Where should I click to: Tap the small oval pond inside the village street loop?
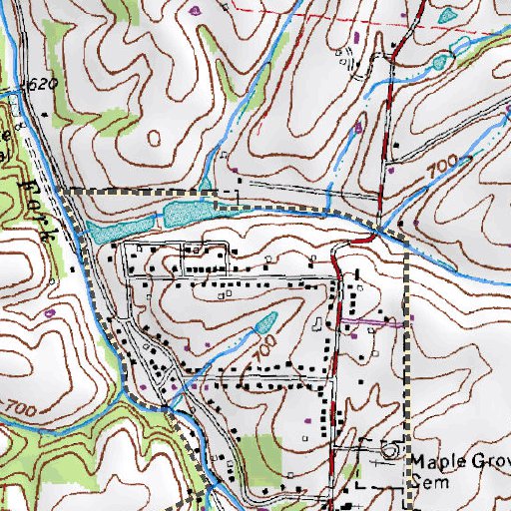(x=264, y=323)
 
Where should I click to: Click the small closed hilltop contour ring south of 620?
(x=156, y=138)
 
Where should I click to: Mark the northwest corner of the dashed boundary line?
(x=62, y=189)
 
